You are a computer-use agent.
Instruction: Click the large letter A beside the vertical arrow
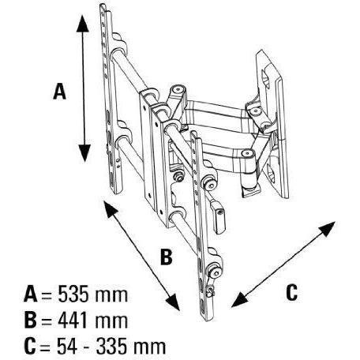point(59,92)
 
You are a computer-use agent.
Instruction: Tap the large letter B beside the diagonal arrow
point(167,257)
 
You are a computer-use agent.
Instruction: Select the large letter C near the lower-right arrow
point(291,292)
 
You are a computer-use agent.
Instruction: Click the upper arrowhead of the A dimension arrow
point(83,24)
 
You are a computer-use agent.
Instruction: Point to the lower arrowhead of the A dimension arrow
point(84,153)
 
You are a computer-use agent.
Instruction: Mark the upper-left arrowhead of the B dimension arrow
point(110,208)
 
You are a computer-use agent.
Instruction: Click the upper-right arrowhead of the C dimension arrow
point(327,228)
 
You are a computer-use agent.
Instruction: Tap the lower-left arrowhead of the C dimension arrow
point(239,301)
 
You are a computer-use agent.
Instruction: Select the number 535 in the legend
point(73,294)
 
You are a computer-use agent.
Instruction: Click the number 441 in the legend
point(73,320)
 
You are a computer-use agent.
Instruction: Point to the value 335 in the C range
point(111,346)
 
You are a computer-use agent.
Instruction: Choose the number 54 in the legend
point(67,346)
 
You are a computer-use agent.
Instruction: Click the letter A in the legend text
point(31,294)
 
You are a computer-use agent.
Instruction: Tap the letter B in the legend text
point(30,320)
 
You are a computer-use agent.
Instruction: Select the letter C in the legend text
point(30,346)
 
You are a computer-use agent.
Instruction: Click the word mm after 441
point(111,321)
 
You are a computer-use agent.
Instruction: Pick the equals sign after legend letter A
point(47,295)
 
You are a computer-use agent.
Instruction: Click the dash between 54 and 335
point(87,347)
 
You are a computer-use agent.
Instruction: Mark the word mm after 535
point(111,295)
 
